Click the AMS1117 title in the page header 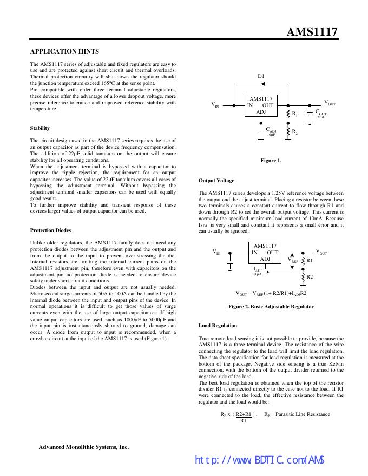(x=312, y=32)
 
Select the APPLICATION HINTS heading (x=64, y=51)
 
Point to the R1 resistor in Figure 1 (x=287, y=114)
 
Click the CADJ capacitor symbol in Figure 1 (x=260, y=130)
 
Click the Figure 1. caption (x=271, y=160)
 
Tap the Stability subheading (x=40, y=128)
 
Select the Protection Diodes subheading (x=50, y=230)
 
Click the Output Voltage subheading (x=216, y=181)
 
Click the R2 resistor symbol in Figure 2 (x=303, y=276)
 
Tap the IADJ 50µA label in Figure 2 (x=258, y=270)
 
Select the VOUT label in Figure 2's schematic (x=321, y=252)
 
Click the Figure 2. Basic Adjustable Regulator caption (x=271, y=307)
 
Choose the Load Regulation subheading (x=218, y=326)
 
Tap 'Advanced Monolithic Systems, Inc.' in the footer (x=83, y=447)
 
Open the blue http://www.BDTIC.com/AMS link (x=259, y=460)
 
